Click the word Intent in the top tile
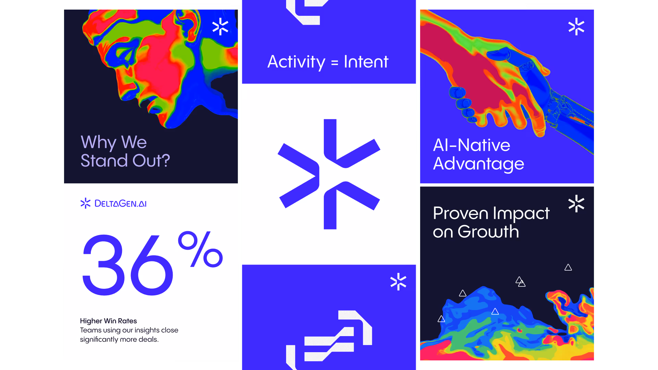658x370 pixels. tap(366, 62)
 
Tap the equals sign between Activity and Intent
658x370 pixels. tap(334, 63)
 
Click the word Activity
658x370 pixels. tap(296, 62)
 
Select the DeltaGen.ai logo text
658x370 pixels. tap(120, 203)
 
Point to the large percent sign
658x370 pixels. tap(200, 249)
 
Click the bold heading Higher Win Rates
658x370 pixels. tap(108, 321)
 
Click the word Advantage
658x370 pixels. tap(478, 164)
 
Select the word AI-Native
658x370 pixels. tap(472, 145)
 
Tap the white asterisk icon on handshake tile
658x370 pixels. tap(576, 27)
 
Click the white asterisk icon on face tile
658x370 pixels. tap(220, 27)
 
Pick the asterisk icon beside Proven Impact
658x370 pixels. tap(576, 203)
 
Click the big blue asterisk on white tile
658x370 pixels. tap(329, 174)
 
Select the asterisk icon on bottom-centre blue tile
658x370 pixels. tap(398, 282)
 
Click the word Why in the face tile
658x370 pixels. tap(98, 142)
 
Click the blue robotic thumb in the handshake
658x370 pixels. tap(502, 54)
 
